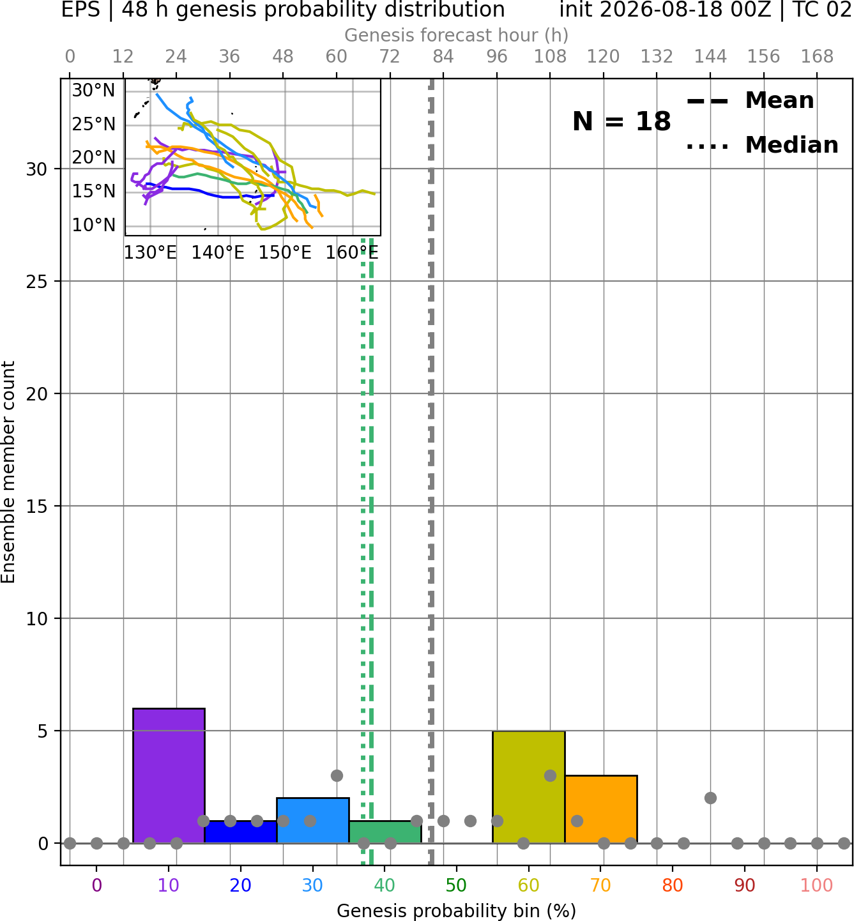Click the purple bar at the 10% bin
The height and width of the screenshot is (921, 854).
(x=169, y=775)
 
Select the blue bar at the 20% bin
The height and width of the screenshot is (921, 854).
(x=241, y=832)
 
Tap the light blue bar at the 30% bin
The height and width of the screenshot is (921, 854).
(x=312, y=820)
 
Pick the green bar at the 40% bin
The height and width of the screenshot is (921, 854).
(x=385, y=832)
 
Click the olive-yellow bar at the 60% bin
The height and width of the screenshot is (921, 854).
(x=529, y=787)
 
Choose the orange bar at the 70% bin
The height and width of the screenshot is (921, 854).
(x=600, y=809)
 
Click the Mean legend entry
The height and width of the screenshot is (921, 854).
(x=750, y=101)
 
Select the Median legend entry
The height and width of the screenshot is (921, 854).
(x=762, y=145)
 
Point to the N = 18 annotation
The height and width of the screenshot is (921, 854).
(x=621, y=121)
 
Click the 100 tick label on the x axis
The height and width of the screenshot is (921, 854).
(x=816, y=885)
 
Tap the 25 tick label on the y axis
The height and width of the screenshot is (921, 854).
(x=36, y=282)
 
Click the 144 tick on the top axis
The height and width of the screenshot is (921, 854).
(x=710, y=57)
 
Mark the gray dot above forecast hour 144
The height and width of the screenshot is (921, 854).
(x=710, y=798)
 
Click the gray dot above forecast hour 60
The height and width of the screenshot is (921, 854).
(x=337, y=776)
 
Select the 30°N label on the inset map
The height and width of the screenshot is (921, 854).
(x=93, y=91)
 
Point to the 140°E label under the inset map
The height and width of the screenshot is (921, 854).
(x=218, y=253)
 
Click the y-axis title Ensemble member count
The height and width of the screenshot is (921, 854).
(x=8, y=472)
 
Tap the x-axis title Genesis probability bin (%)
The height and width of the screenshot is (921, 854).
(x=457, y=911)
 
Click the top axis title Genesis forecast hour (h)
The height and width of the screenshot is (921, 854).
(x=457, y=35)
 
